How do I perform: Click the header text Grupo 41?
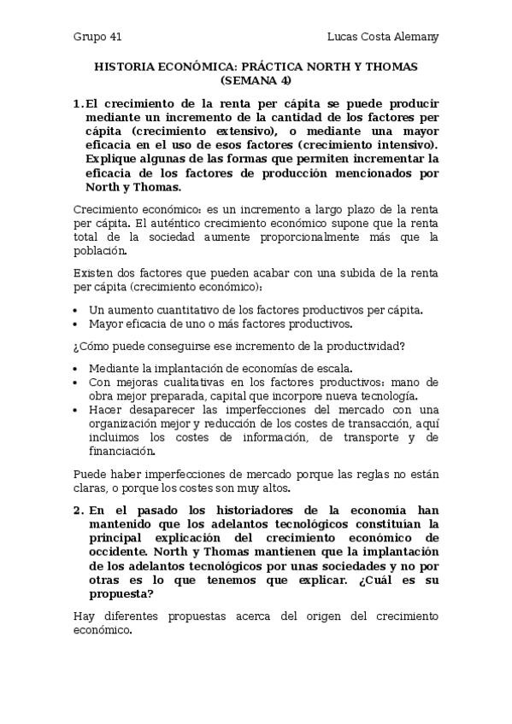[x=97, y=37]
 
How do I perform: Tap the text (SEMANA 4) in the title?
[x=256, y=80]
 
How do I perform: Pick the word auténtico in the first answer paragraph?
[x=179, y=223]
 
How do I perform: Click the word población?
[x=99, y=250]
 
